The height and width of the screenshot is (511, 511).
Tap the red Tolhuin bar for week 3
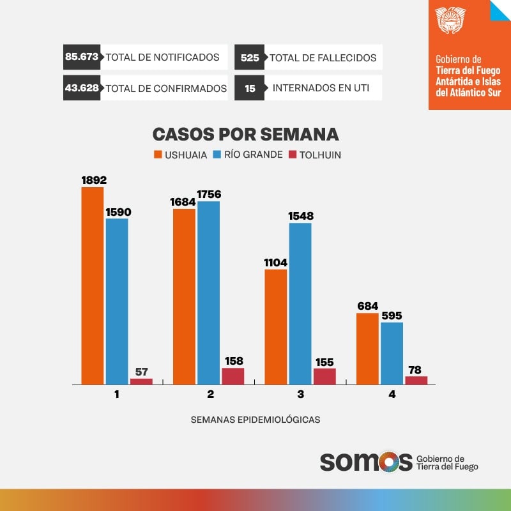[x=324, y=376]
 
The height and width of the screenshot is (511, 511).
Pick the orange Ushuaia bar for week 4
[x=367, y=349]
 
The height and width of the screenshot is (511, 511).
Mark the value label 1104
[x=275, y=262]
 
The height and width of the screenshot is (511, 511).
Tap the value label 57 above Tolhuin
[x=141, y=370]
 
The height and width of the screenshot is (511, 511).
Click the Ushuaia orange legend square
[x=158, y=155]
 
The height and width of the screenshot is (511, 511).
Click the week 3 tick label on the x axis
[x=301, y=395]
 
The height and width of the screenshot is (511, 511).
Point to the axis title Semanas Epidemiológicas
[x=256, y=420]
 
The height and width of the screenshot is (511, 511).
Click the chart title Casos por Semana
[x=245, y=134]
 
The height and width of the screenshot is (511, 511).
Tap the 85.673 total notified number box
[x=81, y=57]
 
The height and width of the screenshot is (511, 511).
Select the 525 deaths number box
[x=250, y=57]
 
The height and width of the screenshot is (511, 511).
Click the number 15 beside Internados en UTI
[x=250, y=88]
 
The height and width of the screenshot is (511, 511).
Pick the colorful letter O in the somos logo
[x=395, y=461]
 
